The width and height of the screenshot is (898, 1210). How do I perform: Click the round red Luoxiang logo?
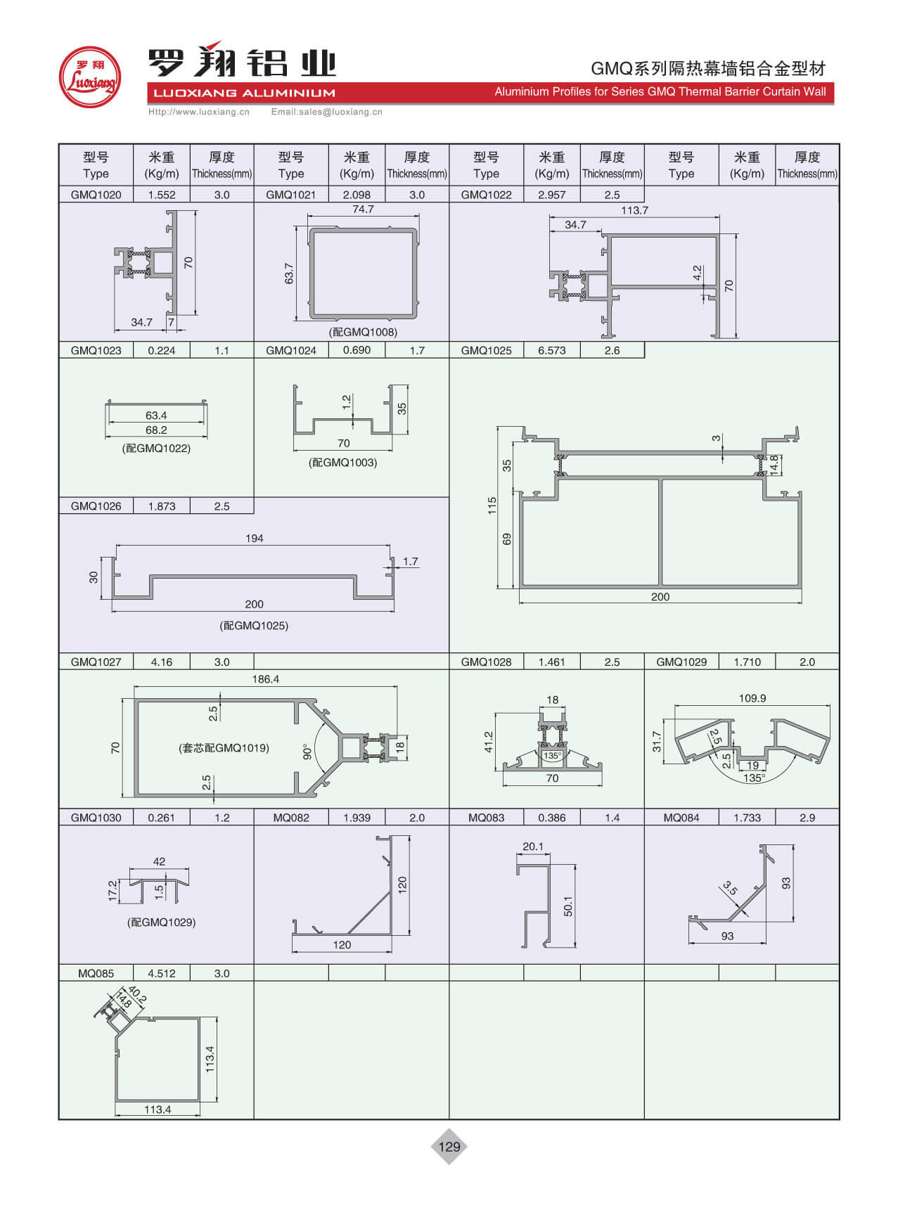pos(89,77)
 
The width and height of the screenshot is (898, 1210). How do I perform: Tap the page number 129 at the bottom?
pos(449,1147)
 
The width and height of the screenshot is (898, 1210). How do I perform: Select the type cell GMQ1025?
pos(486,350)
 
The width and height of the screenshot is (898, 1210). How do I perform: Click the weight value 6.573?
pos(551,350)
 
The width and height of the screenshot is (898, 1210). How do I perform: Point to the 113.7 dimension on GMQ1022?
pos(634,210)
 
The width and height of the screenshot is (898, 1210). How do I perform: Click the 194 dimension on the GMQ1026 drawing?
pos(254,539)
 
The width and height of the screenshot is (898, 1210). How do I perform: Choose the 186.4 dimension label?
pos(265,679)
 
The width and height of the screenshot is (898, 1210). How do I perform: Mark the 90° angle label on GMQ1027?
pos(307,751)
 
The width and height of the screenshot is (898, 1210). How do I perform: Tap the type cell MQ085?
pos(96,973)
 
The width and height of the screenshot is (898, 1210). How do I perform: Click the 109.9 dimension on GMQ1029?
pos(752,698)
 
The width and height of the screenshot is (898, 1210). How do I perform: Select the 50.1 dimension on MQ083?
pos(568,906)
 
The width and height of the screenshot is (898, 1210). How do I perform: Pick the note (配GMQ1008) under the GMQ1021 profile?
pos(363,332)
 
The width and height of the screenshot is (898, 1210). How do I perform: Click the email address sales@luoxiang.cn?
pos(327,112)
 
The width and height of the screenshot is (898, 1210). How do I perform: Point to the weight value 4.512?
pos(161,973)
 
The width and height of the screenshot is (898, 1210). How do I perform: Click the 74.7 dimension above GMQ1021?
pos(363,210)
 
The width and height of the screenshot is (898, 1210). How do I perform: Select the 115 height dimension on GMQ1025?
pos(492,506)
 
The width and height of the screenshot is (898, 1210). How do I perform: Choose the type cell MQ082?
pos(291,818)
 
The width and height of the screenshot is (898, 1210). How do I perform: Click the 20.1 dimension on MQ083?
pos(533,847)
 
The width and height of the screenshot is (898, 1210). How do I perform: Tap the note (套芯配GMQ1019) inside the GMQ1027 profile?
pos(224,748)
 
